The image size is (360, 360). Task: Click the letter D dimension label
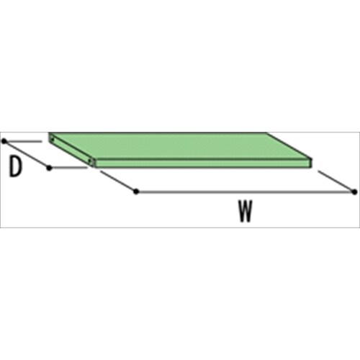click(15, 166)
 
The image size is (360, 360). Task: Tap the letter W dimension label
click(245, 212)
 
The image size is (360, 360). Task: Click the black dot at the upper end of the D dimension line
click(4, 141)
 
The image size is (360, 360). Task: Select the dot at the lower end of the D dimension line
click(49, 168)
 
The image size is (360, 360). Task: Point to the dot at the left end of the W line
click(136, 192)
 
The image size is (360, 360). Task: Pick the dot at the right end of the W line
click(354, 192)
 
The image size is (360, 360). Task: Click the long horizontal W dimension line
click(245, 192)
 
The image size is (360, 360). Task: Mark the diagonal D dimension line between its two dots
click(27, 155)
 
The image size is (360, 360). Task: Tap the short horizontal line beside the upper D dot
click(24, 142)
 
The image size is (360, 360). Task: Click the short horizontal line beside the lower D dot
click(69, 168)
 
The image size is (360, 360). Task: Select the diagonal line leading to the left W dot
click(117, 181)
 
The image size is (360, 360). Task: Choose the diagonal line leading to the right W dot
click(336, 181)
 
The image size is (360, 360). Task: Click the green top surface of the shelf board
click(180, 145)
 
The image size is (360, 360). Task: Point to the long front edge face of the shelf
click(203, 163)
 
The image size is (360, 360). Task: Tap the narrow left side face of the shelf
click(71, 149)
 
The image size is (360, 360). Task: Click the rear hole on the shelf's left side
click(53, 138)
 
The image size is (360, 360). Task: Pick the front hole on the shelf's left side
click(89, 161)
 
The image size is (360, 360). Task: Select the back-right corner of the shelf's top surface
click(267, 132)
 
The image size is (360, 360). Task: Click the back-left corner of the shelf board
click(49, 132)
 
